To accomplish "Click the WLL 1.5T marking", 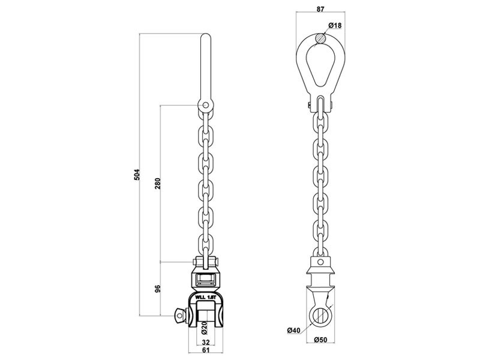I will click(x=206, y=296).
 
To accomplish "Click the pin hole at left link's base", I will click(x=206, y=106).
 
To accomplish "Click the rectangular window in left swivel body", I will click(x=206, y=278).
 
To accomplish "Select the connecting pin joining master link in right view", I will click(x=320, y=107).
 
